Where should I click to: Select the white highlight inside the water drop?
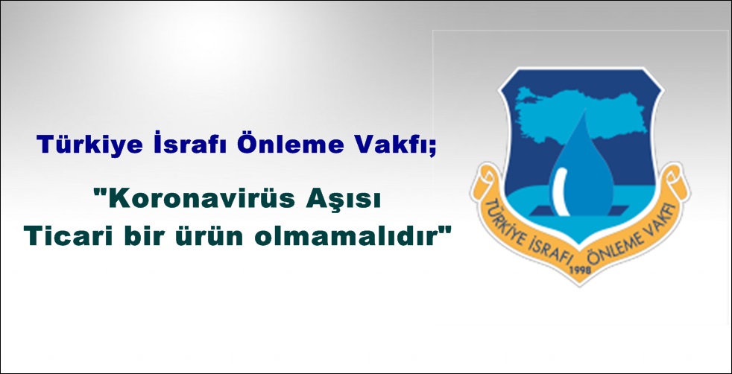[x=561, y=191]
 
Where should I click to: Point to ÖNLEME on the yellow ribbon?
[x=611, y=253]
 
